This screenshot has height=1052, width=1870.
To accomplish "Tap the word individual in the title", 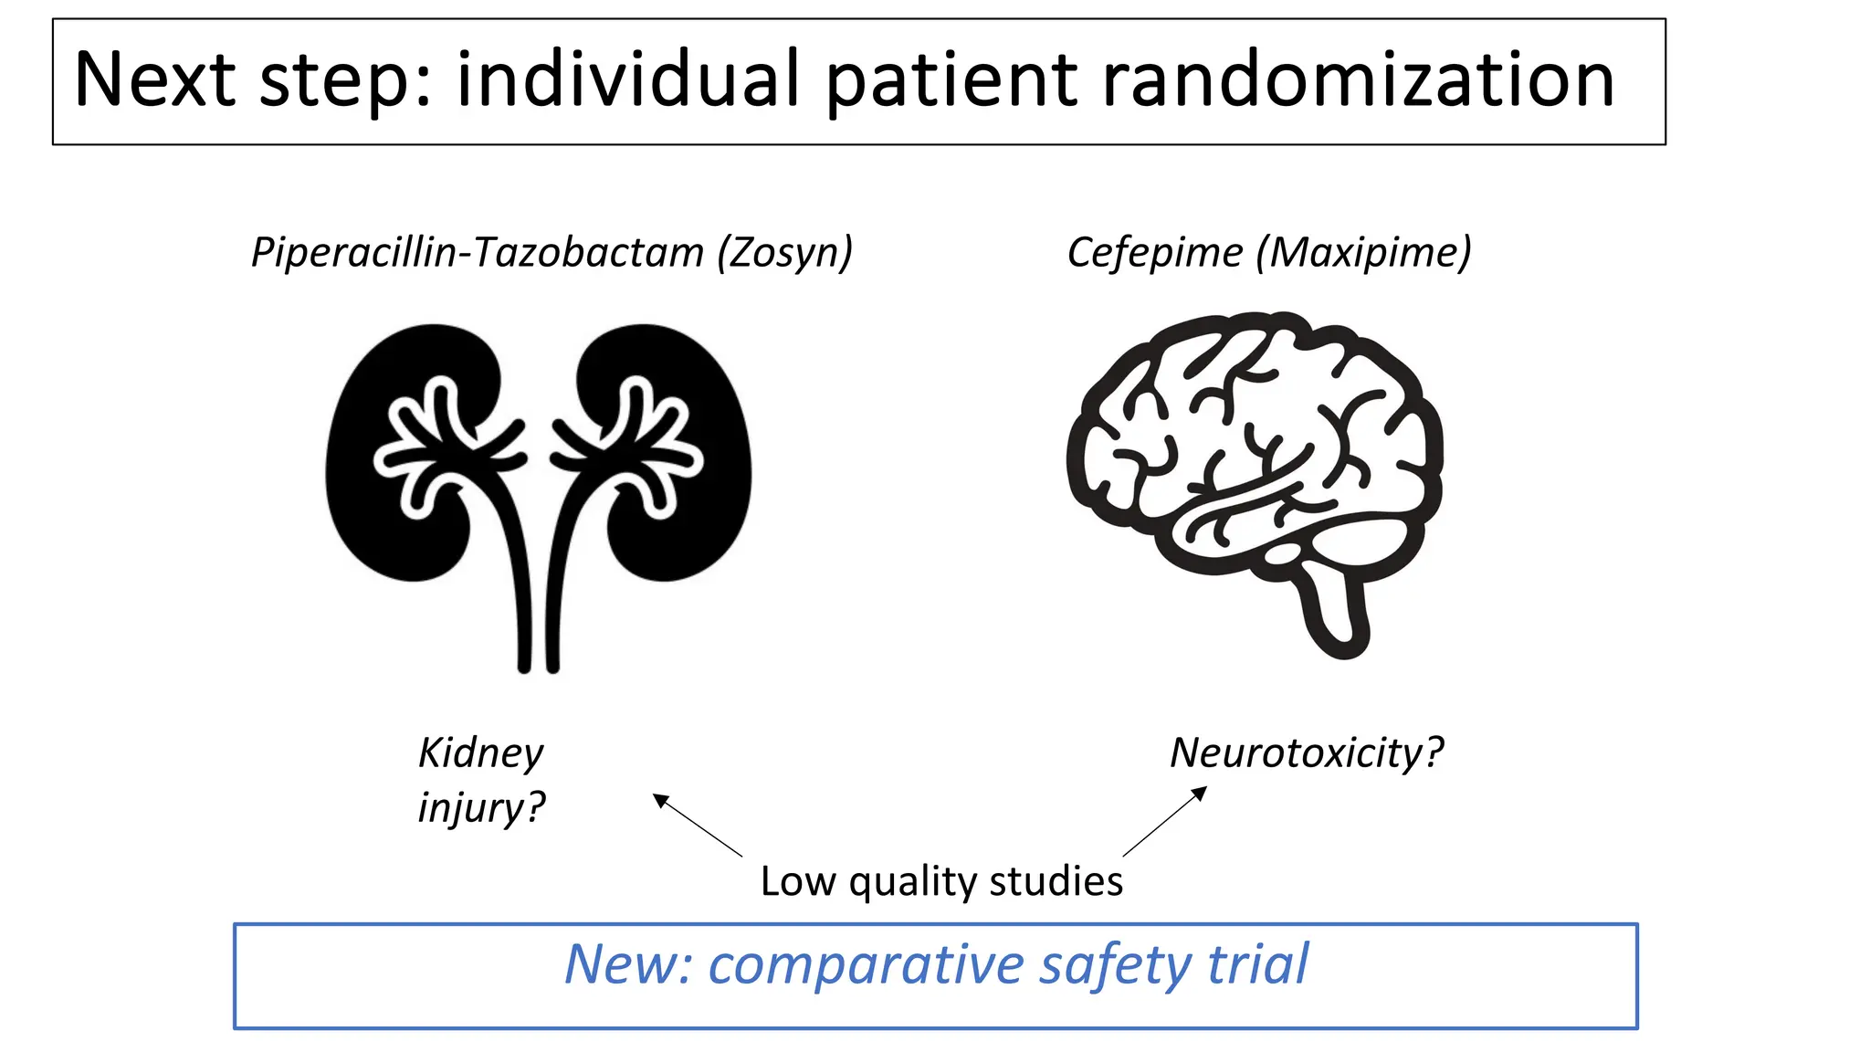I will click(x=628, y=80).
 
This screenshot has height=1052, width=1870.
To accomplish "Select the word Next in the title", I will click(x=155, y=80).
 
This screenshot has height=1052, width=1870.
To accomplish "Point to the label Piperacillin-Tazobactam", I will click(x=478, y=253).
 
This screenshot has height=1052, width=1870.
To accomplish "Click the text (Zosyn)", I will click(x=785, y=253).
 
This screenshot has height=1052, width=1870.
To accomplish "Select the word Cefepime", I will click(x=1154, y=253).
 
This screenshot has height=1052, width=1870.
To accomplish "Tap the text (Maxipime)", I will click(x=1364, y=253).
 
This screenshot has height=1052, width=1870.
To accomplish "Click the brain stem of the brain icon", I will click(x=1339, y=612).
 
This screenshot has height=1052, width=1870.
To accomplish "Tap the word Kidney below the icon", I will click(x=480, y=753).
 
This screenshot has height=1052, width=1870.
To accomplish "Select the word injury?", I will click(x=480, y=808).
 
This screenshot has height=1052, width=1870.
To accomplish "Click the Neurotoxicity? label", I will click(x=1307, y=753).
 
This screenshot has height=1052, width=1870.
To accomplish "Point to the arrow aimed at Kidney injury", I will click(x=698, y=826).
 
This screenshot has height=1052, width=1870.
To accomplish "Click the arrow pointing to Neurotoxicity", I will click(x=1165, y=822).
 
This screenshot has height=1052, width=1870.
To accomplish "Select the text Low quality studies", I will click(x=941, y=882).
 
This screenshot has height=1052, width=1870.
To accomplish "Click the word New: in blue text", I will click(x=628, y=965).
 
